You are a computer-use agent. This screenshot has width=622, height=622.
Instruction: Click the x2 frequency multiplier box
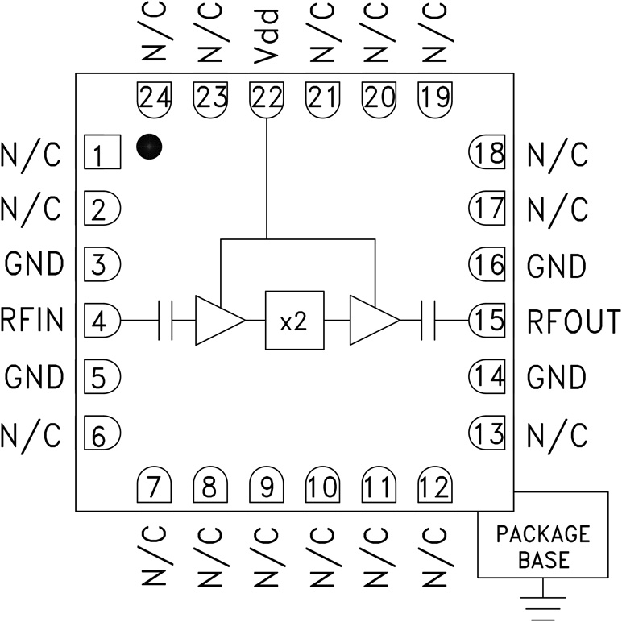pos(294,320)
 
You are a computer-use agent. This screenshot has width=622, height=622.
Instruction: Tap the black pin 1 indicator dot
pos(149,147)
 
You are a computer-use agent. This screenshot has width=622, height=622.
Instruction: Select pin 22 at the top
pos(267,98)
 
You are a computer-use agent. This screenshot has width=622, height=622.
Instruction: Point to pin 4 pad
pos(102,321)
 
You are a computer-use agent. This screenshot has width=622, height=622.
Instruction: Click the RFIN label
pos(32,321)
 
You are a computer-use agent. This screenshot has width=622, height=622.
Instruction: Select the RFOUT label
pos(574,321)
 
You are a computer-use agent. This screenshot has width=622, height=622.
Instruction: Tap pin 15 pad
pos(487,321)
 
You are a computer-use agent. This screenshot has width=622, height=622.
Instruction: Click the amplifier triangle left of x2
pos(215,320)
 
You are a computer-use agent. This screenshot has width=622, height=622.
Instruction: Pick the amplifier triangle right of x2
pos(371,320)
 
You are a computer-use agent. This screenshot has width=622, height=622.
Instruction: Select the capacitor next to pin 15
pos(428,320)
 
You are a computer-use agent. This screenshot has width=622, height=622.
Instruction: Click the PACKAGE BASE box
pos(542,545)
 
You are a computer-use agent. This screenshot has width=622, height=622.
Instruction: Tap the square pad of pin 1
pos(102,151)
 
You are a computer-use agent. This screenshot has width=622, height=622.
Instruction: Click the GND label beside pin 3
pos(34,263)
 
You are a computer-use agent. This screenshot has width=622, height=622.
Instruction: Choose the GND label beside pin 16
pos(556,265)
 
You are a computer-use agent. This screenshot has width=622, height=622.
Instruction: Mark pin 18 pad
pos(487,151)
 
